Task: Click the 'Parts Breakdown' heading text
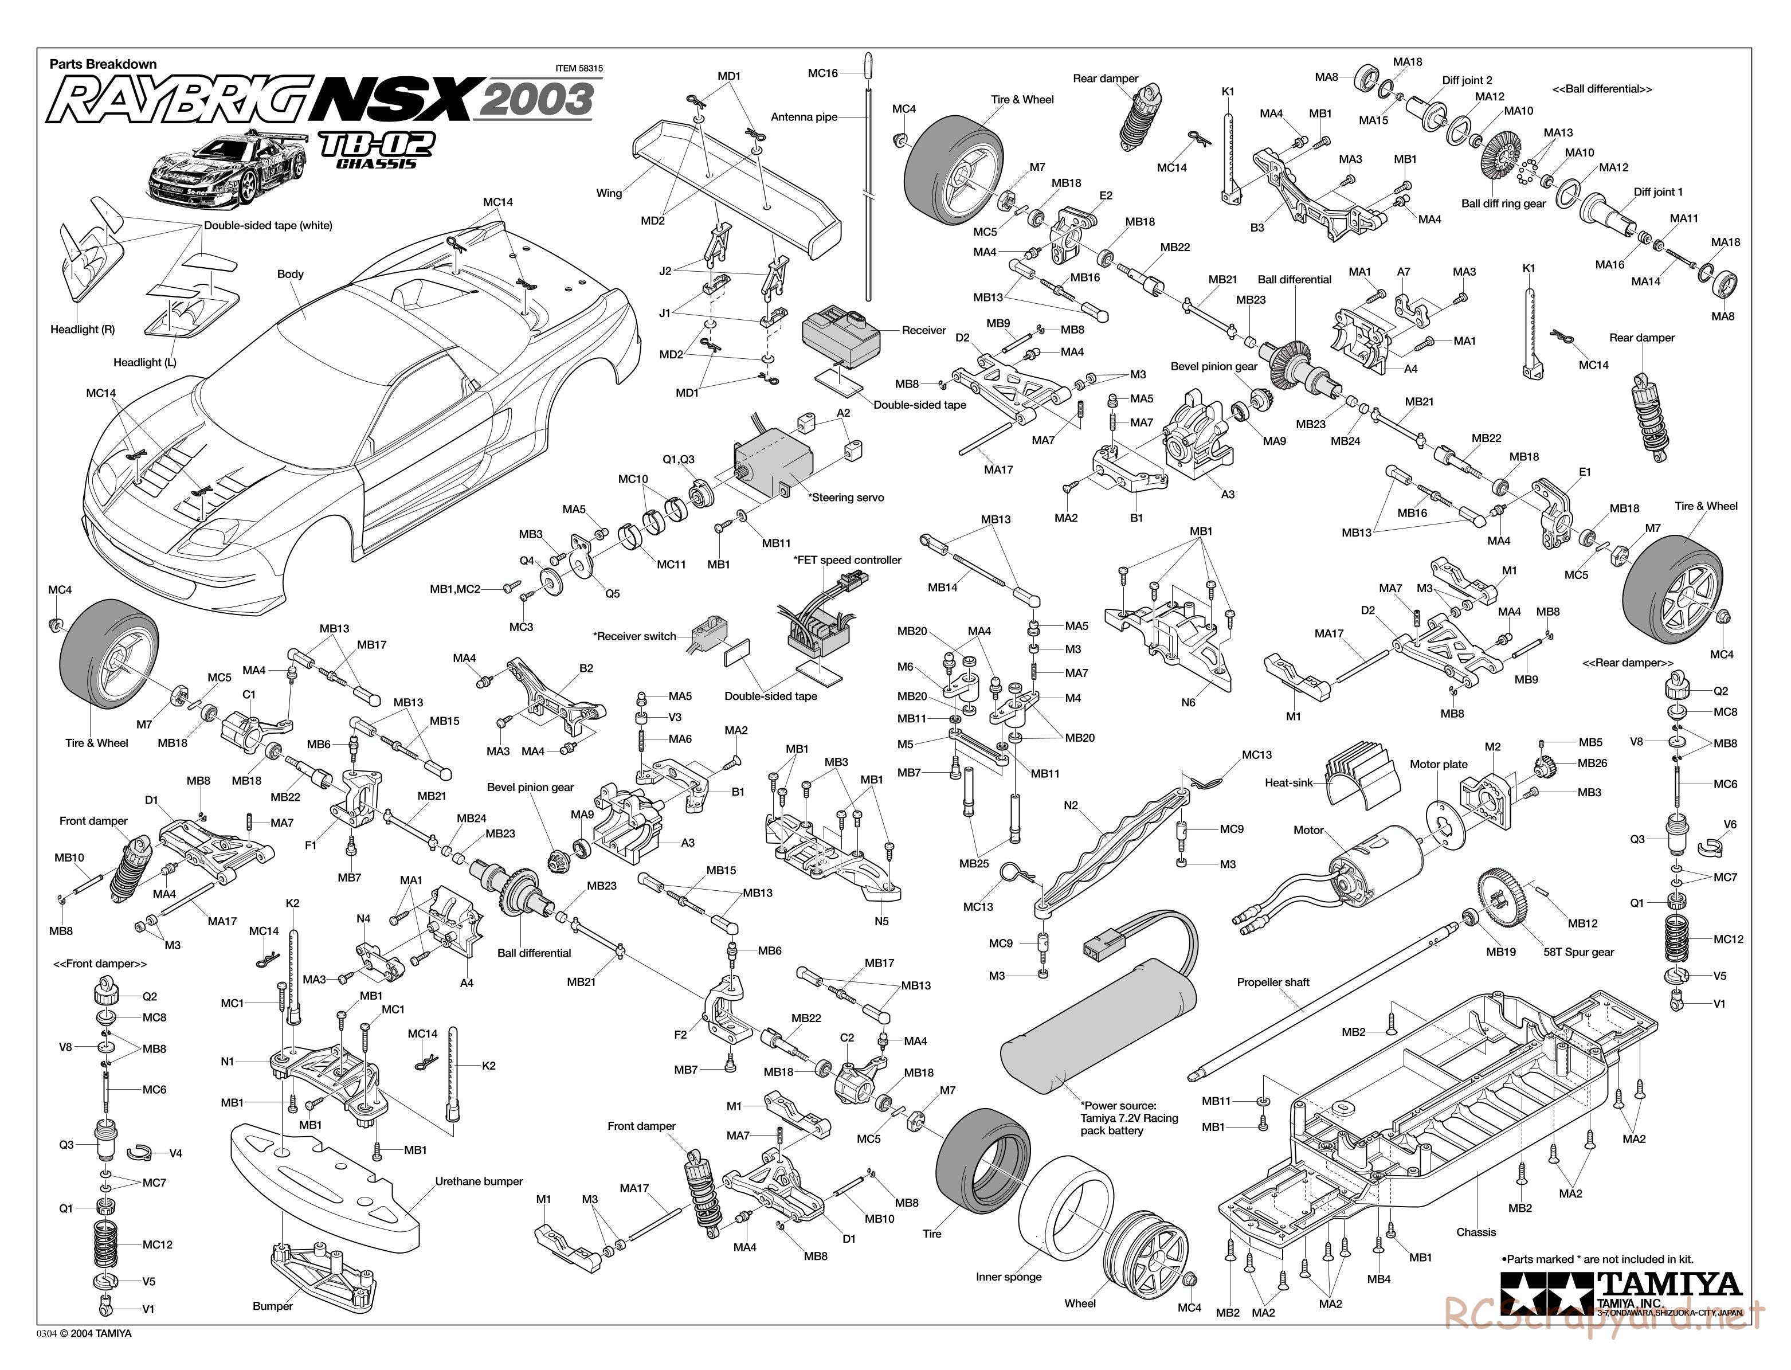(103, 64)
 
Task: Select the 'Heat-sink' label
(1289, 783)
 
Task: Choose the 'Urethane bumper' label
(479, 1181)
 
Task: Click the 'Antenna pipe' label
(804, 116)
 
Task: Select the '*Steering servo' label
(845, 498)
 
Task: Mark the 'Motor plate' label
(1438, 764)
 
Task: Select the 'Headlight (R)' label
(83, 330)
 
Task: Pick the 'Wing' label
(609, 193)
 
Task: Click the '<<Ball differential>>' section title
(1602, 89)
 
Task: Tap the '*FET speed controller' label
(847, 559)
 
